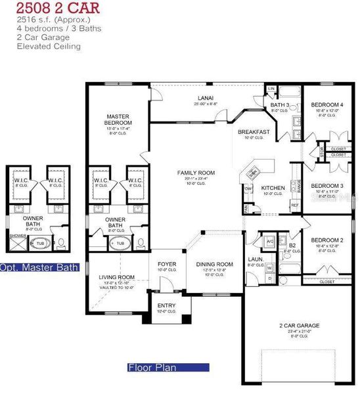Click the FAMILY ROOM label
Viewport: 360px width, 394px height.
coord(196,173)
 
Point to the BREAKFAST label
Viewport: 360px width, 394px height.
coord(254,132)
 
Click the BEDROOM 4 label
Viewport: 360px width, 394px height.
coord(326,105)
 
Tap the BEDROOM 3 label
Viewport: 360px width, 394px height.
coord(326,186)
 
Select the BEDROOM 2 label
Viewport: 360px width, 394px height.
coord(326,240)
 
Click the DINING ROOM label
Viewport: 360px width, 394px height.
coord(215,265)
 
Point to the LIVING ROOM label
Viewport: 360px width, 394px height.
coord(118,277)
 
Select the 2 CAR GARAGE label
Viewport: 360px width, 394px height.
coord(299,326)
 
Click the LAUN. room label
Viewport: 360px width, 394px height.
coord(256,259)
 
